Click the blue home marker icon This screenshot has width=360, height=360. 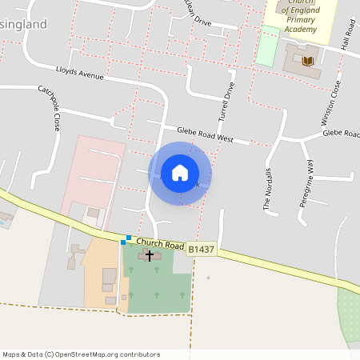click(180, 173)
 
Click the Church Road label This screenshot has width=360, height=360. click(160, 243)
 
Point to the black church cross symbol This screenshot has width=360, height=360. click(150, 255)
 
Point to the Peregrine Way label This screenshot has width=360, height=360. click(306, 183)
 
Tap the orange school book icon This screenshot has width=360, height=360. click(308, 59)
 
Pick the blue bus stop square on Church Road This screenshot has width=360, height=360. click(128, 238)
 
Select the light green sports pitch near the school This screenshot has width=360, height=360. click(268, 46)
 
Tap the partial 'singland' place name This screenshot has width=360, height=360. click(23, 24)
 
